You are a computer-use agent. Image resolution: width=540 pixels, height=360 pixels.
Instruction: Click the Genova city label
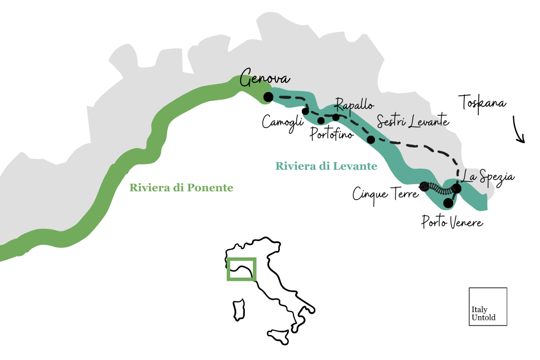pos(265,80)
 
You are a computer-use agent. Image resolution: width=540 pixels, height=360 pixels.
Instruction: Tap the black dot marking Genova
pos(267,97)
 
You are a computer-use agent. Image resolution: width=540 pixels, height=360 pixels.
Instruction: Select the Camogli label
pos(280,122)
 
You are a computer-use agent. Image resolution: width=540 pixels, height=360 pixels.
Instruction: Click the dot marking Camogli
pos(305,111)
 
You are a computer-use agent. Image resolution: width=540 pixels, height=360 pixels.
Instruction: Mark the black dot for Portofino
pos(321,121)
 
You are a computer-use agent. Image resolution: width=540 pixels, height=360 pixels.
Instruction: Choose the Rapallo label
pos(354,105)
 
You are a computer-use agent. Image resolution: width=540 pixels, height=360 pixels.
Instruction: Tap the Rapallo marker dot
pos(336,117)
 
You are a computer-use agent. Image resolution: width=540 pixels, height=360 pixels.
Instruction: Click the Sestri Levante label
pos(413,122)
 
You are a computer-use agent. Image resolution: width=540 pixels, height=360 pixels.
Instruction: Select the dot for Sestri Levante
pos(370,139)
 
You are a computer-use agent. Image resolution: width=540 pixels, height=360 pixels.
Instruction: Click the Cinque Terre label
pos(385,193)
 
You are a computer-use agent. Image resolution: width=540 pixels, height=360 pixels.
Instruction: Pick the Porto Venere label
pos(452,223)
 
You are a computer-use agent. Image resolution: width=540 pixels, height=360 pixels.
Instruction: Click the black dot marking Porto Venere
pos(448,203)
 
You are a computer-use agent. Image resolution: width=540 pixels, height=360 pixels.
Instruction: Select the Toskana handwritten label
pos(483,102)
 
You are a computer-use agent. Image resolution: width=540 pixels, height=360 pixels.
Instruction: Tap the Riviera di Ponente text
pos(181,188)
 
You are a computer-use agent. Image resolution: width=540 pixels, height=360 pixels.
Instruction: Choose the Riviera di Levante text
pos(326,166)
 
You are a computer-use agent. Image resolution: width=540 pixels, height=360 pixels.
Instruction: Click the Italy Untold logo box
pos(488,307)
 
